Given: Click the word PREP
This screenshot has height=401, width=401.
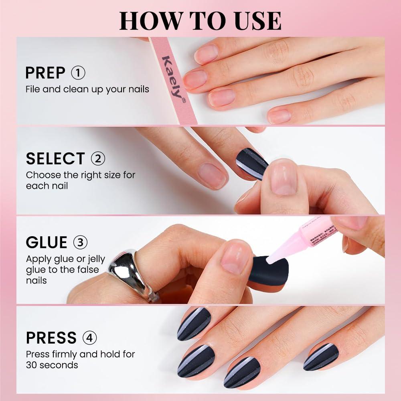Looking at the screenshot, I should pos(45,73).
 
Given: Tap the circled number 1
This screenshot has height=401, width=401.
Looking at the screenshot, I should pos(78,73).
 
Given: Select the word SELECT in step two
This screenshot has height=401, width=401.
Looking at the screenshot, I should pos(55,159).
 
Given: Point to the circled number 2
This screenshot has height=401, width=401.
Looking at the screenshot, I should pos(98,159).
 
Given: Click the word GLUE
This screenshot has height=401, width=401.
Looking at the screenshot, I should pos(47,243).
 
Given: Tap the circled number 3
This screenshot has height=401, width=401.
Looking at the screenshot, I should pos(81,243).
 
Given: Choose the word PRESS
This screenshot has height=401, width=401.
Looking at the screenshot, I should pos(51,338).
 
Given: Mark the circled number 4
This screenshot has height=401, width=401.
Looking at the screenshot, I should pos(89,338).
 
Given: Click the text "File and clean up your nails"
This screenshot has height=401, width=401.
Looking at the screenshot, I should pos(87,89).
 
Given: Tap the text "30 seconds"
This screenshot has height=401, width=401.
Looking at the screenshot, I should pos(52,365).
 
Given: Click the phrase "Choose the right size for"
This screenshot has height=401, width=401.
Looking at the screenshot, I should pos(81,175).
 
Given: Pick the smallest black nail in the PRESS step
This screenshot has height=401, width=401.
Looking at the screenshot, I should pos(321,356).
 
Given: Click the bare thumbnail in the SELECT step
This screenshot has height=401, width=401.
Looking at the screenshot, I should pos(283,176).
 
